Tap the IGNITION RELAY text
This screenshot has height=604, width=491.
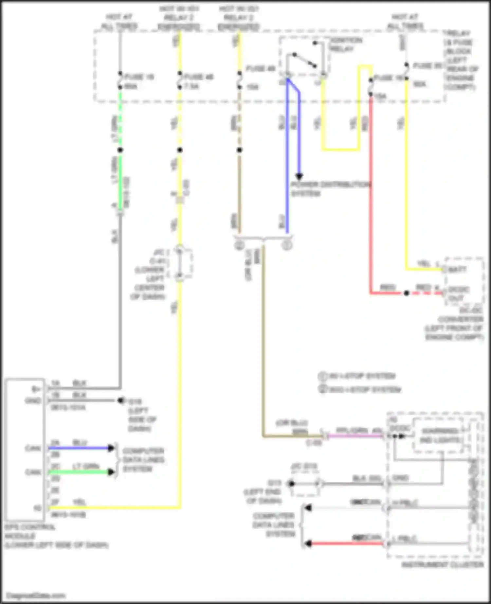pos(346,44)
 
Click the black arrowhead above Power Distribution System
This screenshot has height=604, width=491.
pos(299,176)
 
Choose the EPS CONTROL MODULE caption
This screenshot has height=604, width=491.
pos(56,536)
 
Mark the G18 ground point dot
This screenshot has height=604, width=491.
pos(121,400)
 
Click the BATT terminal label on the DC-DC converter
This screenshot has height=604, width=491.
pos(457,270)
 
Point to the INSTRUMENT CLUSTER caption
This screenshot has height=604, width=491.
pos(442,565)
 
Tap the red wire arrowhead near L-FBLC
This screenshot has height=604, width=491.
pos(307,543)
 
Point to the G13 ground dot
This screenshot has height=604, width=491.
pos(291,483)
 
